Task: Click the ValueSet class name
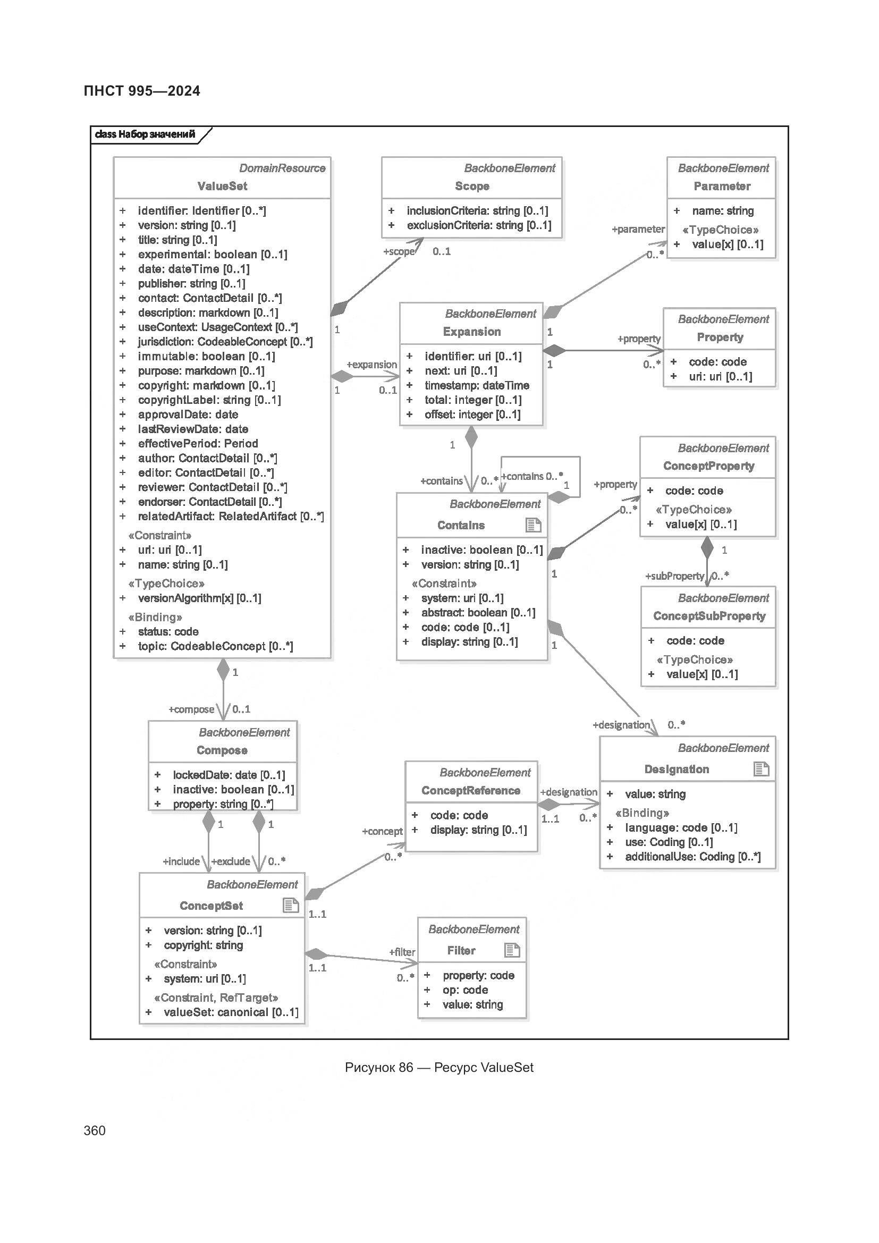point(222,186)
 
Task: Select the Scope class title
point(472,186)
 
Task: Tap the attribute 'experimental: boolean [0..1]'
point(212,255)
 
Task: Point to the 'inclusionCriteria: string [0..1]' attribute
point(477,211)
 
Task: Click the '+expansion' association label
point(371,365)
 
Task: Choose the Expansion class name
point(471,332)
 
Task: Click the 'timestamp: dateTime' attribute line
point(476,385)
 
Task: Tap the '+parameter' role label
point(638,230)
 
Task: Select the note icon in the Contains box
point(534,525)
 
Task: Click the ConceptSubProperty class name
point(709,616)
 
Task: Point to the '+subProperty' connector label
point(674,576)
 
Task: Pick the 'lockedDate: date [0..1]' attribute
point(229,775)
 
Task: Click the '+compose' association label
point(192,709)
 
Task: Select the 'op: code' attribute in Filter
point(465,990)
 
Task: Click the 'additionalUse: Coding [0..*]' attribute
point(692,857)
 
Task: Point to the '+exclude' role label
point(231,861)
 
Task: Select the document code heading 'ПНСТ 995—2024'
point(142,91)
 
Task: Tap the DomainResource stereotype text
point(282,168)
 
